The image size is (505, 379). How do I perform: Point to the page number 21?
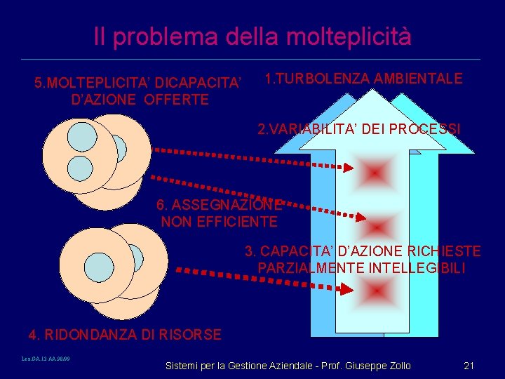pyautogui.click(x=469, y=366)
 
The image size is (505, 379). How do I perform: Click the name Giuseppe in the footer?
pyautogui.click(x=361, y=366)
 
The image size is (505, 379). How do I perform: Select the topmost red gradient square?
pyautogui.click(x=375, y=171)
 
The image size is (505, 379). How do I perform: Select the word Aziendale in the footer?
pyautogui.click(x=288, y=366)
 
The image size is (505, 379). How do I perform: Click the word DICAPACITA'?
pyautogui.click(x=201, y=84)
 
